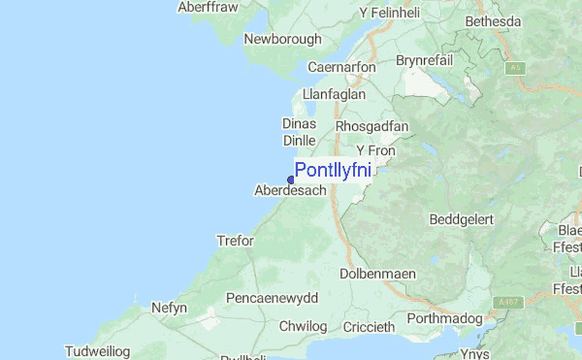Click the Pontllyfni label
point(332,171)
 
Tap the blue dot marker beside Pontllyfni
point(291,179)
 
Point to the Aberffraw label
point(208,7)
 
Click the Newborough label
point(282,40)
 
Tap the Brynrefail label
point(427,60)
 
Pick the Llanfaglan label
point(335,95)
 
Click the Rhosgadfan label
point(372,126)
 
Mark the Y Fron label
point(376,150)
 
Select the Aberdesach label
point(290,191)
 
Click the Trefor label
point(235,241)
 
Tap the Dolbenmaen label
point(378,275)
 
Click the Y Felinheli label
point(392,13)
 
